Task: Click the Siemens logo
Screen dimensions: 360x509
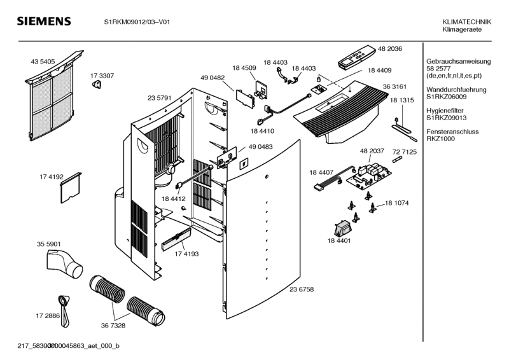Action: (43, 22)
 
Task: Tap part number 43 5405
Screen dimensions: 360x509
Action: (42, 62)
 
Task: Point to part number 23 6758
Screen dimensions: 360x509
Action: (302, 289)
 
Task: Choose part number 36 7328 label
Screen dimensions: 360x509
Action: (113, 325)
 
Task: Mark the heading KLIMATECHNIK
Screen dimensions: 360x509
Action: (462, 22)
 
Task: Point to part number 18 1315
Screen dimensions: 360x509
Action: (401, 101)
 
